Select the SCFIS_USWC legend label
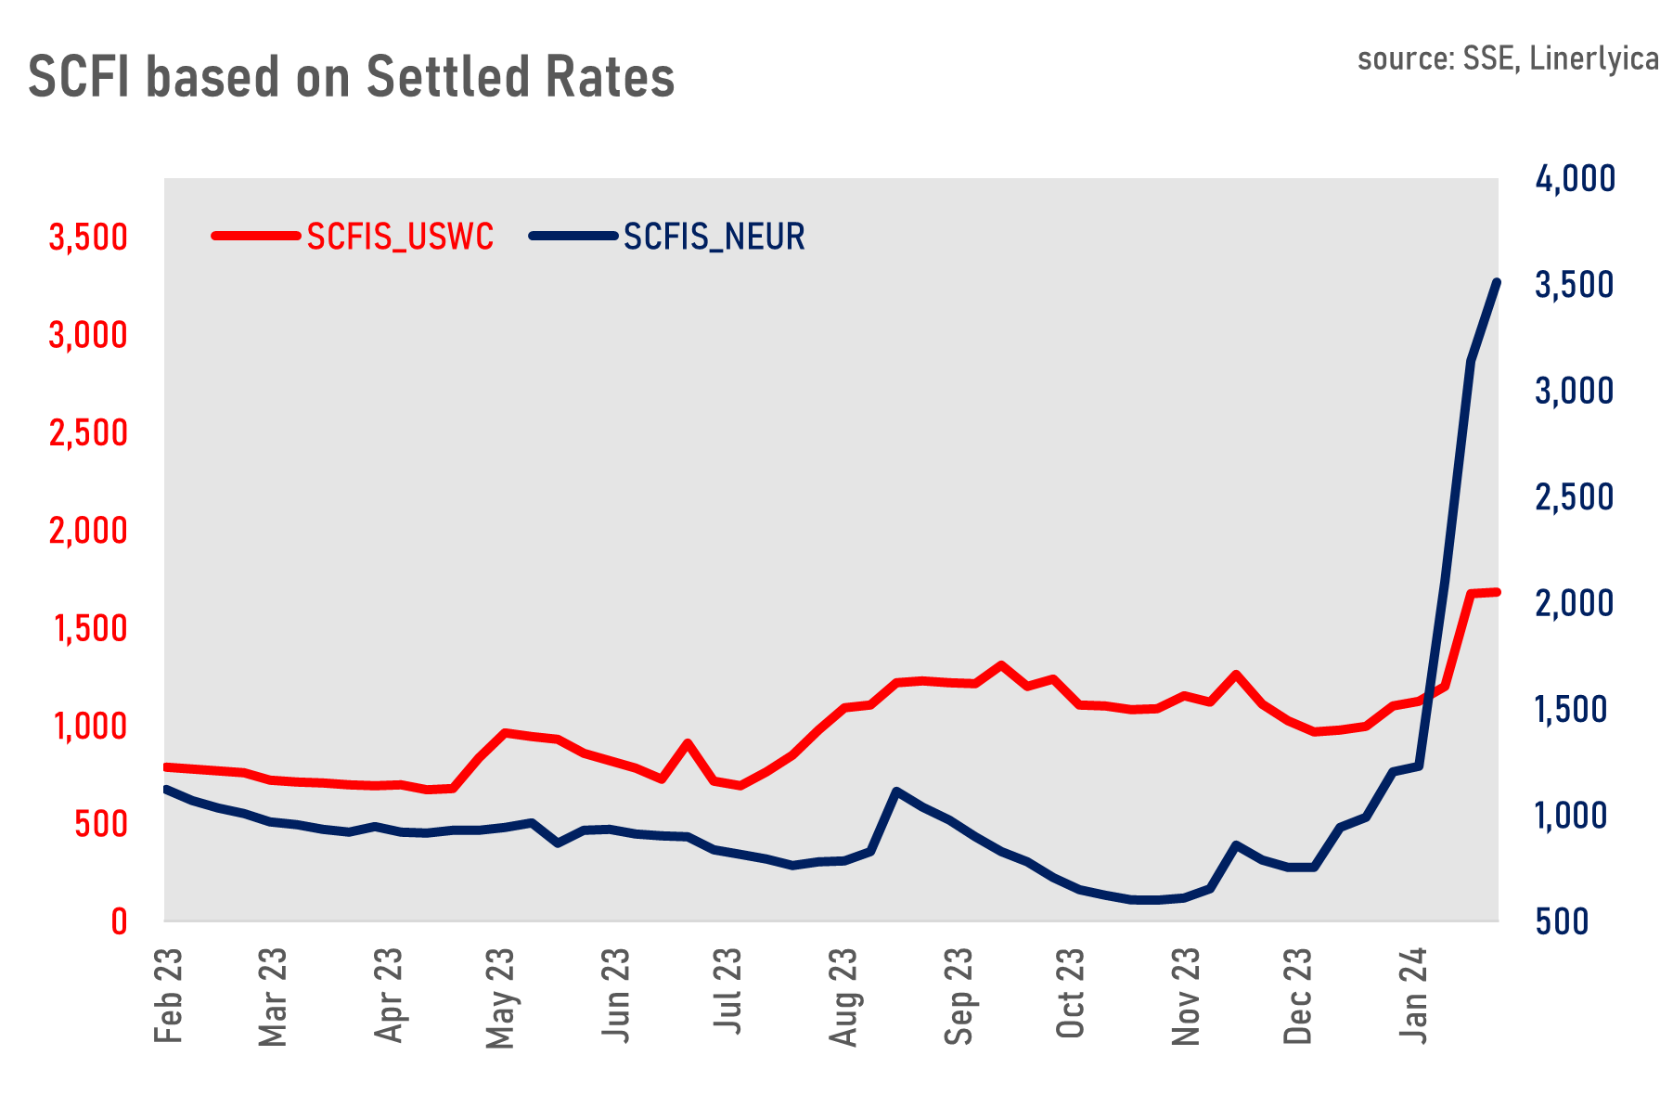point(400,238)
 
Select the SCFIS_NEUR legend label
point(714,238)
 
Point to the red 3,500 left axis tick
point(88,238)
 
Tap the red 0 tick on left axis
point(119,921)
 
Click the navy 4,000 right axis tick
point(1575,179)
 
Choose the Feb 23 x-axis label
point(169,995)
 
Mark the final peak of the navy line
point(1496,281)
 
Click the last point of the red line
point(1497,591)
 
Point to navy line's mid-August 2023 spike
point(895,791)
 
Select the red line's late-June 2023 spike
point(687,742)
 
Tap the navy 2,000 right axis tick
point(1575,603)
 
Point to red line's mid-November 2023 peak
point(1235,674)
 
